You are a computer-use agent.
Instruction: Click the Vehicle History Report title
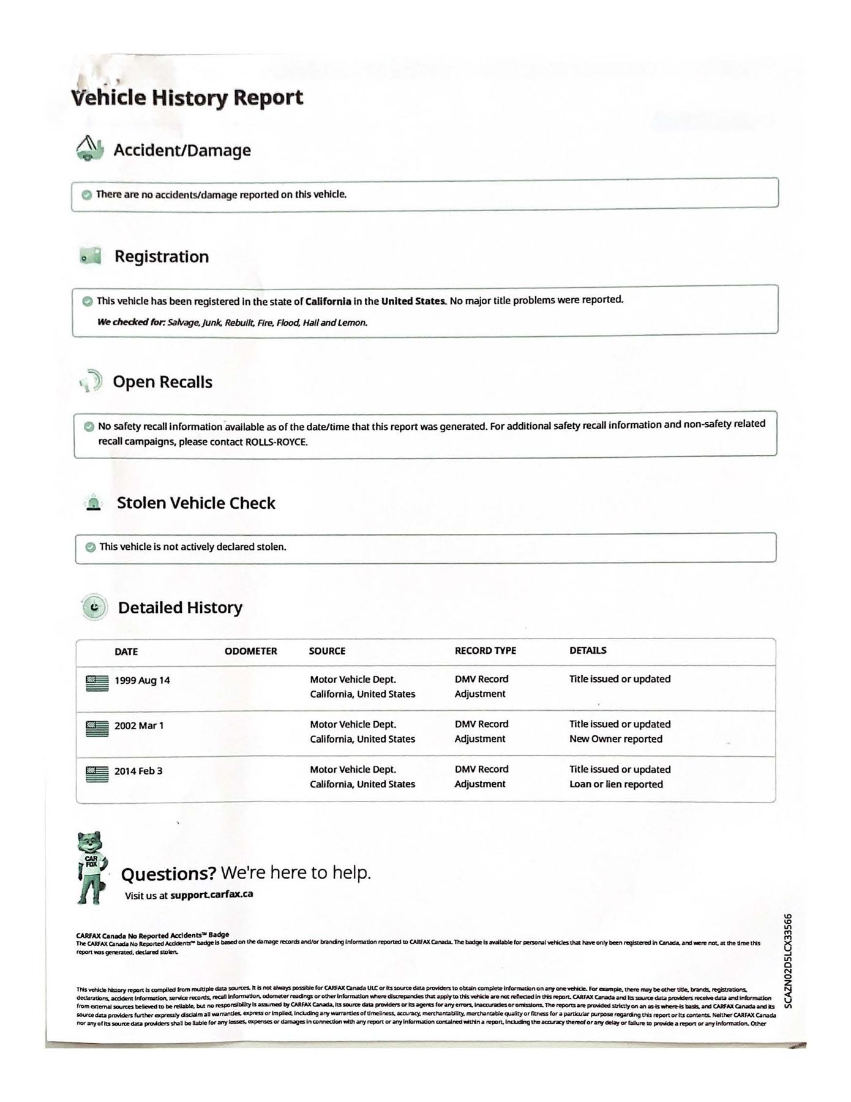pos(187,98)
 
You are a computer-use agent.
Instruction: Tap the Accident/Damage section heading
pos(182,151)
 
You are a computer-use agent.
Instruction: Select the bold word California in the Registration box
pos(328,301)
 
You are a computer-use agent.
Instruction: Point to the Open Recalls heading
pos(162,382)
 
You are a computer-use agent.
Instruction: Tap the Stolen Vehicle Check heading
pos(196,503)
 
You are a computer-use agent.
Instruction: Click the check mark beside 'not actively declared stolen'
pos(91,547)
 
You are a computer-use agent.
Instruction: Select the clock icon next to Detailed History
pos(94,607)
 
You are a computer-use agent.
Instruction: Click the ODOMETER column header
pos(250,651)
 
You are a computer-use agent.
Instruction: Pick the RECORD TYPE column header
pos(485,651)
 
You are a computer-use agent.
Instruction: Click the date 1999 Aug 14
pos(142,681)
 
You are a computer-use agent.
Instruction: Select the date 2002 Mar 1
pos(139,726)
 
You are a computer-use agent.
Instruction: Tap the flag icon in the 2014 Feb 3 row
pos(97,774)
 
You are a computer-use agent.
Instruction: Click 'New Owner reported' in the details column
pos(615,739)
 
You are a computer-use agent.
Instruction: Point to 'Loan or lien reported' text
pos(616,784)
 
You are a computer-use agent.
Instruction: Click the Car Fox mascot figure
pos(91,868)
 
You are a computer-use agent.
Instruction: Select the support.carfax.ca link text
pos(211,894)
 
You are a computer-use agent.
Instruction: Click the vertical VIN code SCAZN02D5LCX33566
pos(789,961)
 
